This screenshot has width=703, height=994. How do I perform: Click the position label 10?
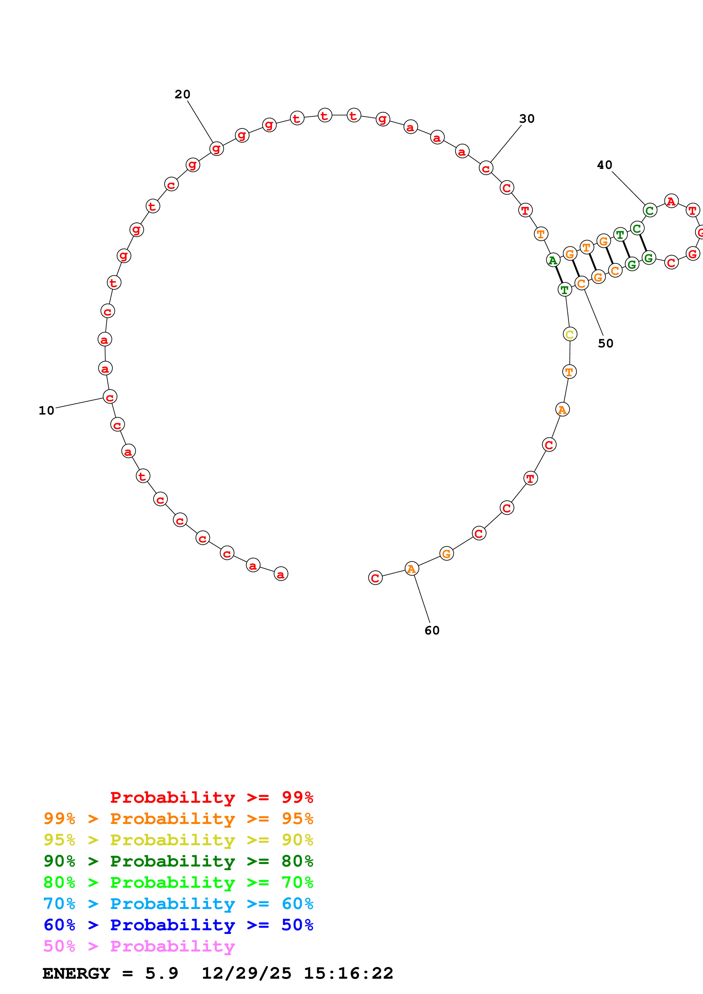click(x=46, y=410)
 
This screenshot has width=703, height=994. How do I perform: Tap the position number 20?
click(x=182, y=94)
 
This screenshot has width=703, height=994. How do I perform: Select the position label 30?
click(x=527, y=119)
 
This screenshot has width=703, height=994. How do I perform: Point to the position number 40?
click(x=604, y=165)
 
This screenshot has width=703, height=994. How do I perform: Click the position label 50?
click(x=605, y=343)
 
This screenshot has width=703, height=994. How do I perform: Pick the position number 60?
click(x=432, y=630)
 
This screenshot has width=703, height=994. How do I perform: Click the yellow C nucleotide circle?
click(x=570, y=334)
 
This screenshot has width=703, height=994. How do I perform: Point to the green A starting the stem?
click(x=553, y=260)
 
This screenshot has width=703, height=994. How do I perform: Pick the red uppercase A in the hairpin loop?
click(x=671, y=201)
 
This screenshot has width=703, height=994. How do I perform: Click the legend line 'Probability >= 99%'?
click(x=211, y=797)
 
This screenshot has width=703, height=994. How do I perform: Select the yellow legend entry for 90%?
click(x=178, y=840)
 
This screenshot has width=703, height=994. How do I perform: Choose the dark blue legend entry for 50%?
click(x=178, y=925)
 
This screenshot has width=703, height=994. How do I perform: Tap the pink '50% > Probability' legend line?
click(x=139, y=946)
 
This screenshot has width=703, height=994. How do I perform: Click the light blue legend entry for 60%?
click(x=178, y=904)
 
